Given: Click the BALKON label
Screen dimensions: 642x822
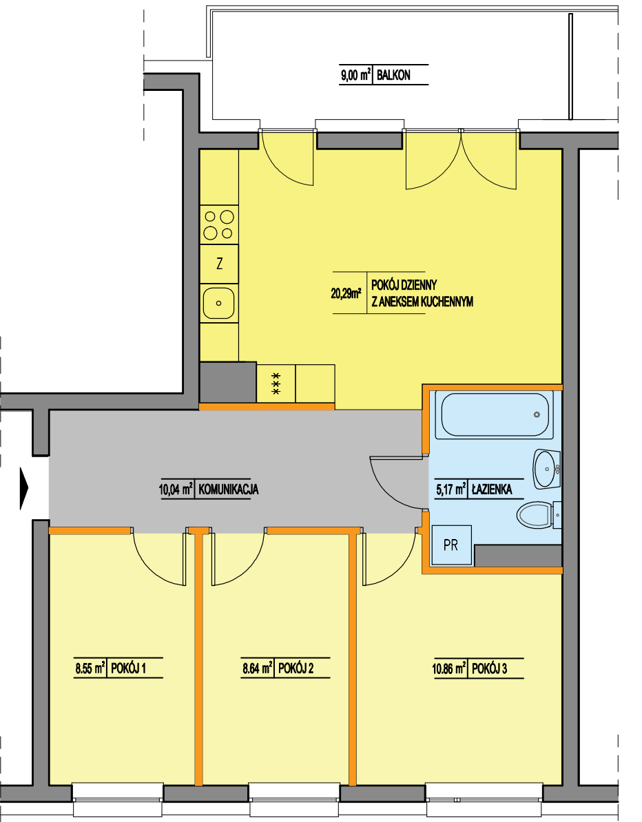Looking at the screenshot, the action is pos(393,75).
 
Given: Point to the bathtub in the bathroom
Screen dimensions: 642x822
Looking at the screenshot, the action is pos(495,414).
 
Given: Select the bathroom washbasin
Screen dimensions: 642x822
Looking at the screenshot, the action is pos(546,469).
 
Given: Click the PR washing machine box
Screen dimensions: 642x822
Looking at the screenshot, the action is pos(451,545).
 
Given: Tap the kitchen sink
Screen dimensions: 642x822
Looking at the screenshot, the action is pos(219,303).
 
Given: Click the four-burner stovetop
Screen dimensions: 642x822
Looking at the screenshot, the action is pos(219,224).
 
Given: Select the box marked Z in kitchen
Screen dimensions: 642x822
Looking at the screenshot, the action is pos(219,264).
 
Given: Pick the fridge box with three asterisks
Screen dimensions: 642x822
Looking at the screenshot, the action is pos(276,383).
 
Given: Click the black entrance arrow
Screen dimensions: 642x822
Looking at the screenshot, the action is pos(24,488).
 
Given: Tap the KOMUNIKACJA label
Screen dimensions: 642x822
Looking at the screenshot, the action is pos(228,489).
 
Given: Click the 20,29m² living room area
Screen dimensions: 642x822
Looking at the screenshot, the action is pos(346,293).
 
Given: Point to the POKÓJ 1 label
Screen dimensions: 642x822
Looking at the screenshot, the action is pos(129,668).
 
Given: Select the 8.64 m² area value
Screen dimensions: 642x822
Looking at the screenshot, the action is pos(258,668).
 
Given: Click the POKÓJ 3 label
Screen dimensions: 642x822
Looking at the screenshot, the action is pos(489,669).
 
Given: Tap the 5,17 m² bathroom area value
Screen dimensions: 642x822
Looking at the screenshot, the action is pos(451,489).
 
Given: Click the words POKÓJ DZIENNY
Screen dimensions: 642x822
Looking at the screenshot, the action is pos(404,285).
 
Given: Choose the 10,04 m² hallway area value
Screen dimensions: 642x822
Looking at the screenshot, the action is pos(176,489).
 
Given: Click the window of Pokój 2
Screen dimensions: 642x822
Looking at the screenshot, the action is pos(293,793).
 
